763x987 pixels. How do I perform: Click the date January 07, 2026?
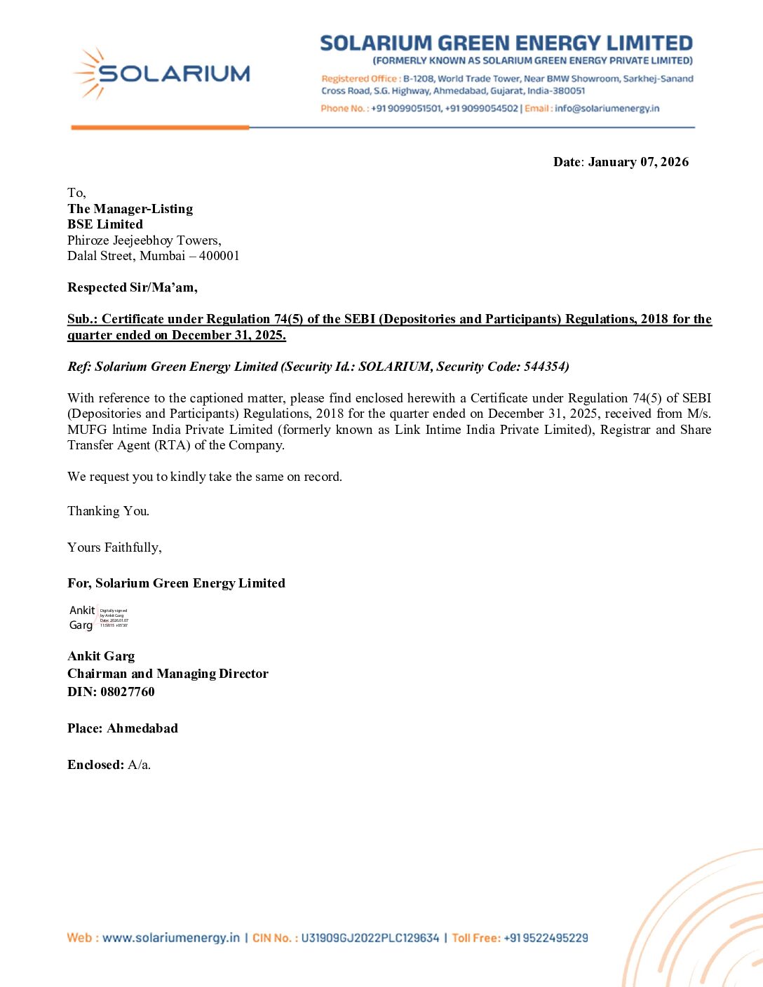click(x=638, y=162)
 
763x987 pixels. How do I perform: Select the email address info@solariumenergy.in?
click(x=607, y=109)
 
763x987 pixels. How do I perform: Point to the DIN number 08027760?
click(x=127, y=692)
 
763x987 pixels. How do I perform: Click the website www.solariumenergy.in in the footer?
click(x=171, y=938)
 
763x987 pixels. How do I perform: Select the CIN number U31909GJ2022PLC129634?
click(x=370, y=938)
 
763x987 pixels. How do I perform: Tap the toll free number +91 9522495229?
click(x=546, y=938)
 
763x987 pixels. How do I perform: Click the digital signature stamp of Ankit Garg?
click(x=99, y=618)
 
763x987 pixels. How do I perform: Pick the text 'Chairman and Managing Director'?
click(x=168, y=674)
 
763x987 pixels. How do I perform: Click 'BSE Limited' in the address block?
click(x=105, y=224)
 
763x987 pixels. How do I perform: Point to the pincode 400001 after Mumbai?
click(x=219, y=256)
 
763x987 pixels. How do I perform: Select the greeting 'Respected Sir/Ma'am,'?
click(x=133, y=287)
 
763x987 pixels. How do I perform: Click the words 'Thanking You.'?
click(x=108, y=511)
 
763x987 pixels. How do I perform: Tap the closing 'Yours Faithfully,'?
click(x=114, y=547)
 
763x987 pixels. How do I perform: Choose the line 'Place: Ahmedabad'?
click(x=123, y=728)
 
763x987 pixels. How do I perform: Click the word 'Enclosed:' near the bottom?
click(x=95, y=765)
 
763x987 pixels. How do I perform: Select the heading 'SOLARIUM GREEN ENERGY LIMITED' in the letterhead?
click(x=506, y=43)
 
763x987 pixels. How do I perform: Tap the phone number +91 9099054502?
click(x=482, y=109)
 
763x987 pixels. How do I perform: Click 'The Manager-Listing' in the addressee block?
click(x=130, y=209)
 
